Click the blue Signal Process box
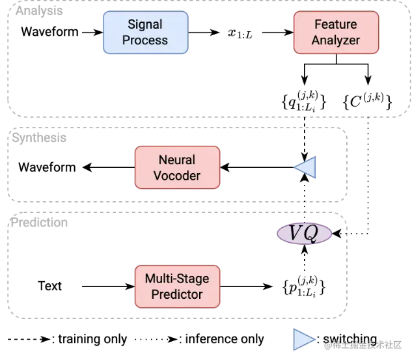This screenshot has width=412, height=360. (144, 33)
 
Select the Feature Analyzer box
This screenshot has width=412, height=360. (335, 33)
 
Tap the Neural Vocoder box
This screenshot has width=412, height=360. (177, 168)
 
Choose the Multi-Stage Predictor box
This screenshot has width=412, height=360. (177, 286)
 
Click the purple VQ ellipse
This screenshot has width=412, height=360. (305, 234)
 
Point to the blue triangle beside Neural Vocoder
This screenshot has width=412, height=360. (306, 167)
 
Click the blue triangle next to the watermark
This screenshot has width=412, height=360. (303, 340)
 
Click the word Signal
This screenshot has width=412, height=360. (145, 25)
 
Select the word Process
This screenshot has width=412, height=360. (145, 40)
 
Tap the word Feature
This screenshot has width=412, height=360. (335, 25)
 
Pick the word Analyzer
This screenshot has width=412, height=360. (335, 40)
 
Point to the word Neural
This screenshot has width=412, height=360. (177, 160)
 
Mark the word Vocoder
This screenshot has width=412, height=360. (177, 176)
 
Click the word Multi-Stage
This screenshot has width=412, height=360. (177, 279)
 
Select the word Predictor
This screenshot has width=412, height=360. (177, 294)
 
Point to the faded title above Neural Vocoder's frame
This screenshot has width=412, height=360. (38, 137)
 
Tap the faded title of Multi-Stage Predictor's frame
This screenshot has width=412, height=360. (38, 223)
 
